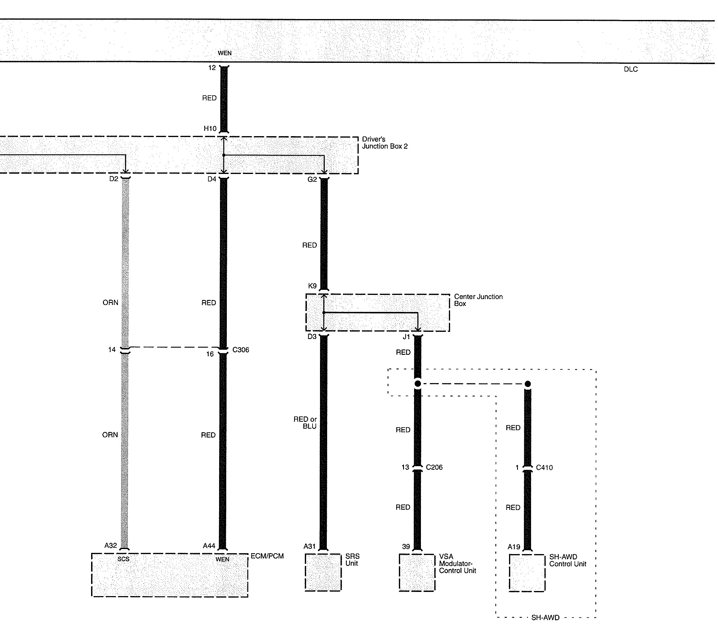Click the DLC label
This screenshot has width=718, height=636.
630,69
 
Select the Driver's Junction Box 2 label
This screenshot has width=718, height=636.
385,143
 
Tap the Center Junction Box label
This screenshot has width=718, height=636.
478,300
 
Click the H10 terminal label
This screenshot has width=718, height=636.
210,129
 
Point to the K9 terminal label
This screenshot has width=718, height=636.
312,286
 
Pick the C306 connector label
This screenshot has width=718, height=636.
241,350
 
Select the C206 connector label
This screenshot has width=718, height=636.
434,467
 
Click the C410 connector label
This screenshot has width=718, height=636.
544,468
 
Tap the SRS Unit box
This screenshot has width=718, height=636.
323,572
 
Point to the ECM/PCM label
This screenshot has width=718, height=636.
267,556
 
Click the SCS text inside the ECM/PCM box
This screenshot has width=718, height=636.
123,559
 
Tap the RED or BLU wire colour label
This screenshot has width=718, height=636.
305,423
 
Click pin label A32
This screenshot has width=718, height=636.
110,546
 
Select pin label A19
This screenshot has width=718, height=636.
514,547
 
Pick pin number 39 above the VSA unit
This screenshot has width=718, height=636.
406,547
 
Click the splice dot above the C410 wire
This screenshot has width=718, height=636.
527,384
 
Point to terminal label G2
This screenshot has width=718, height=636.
312,180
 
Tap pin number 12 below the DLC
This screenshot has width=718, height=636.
212,68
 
